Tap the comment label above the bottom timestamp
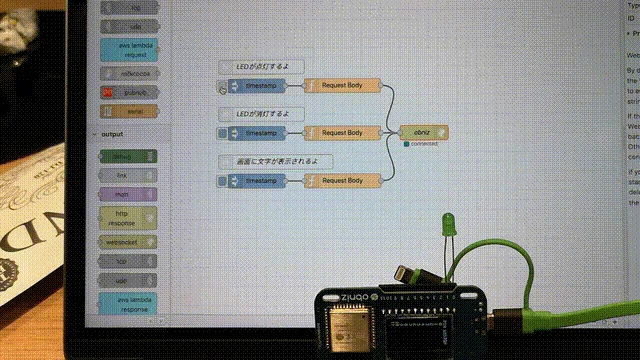coord(275,161)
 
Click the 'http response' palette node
coord(129,217)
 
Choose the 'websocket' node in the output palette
coord(129,241)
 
